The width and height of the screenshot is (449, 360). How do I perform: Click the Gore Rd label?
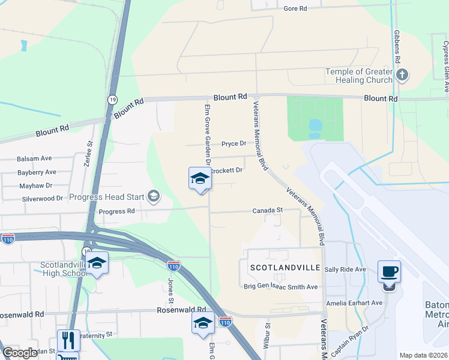(x=295, y=8)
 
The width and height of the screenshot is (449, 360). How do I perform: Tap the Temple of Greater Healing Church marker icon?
(x=402, y=75)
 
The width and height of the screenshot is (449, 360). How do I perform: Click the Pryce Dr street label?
(x=234, y=143)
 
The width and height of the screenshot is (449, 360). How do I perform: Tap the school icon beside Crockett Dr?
(x=200, y=178)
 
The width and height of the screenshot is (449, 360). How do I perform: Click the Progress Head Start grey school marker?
(x=154, y=196)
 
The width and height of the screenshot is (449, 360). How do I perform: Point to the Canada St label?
(x=267, y=211)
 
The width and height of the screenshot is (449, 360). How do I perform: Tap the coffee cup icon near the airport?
(x=389, y=272)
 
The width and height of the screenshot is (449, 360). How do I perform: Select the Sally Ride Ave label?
(x=345, y=270)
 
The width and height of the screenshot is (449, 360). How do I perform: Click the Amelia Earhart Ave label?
(x=354, y=303)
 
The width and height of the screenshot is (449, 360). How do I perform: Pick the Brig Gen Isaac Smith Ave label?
(x=280, y=287)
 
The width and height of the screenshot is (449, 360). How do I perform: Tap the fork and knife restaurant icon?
(x=68, y=341)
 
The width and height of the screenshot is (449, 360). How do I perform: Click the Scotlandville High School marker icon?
(x=97, y=263)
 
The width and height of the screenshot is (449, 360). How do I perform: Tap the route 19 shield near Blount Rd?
(x=112, y=100)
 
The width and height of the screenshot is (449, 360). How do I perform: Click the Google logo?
(x=20, y=353)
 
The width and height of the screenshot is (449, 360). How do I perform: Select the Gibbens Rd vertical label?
(x=397, y=48)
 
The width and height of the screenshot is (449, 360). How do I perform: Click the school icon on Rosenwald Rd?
(x=203, y=323)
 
